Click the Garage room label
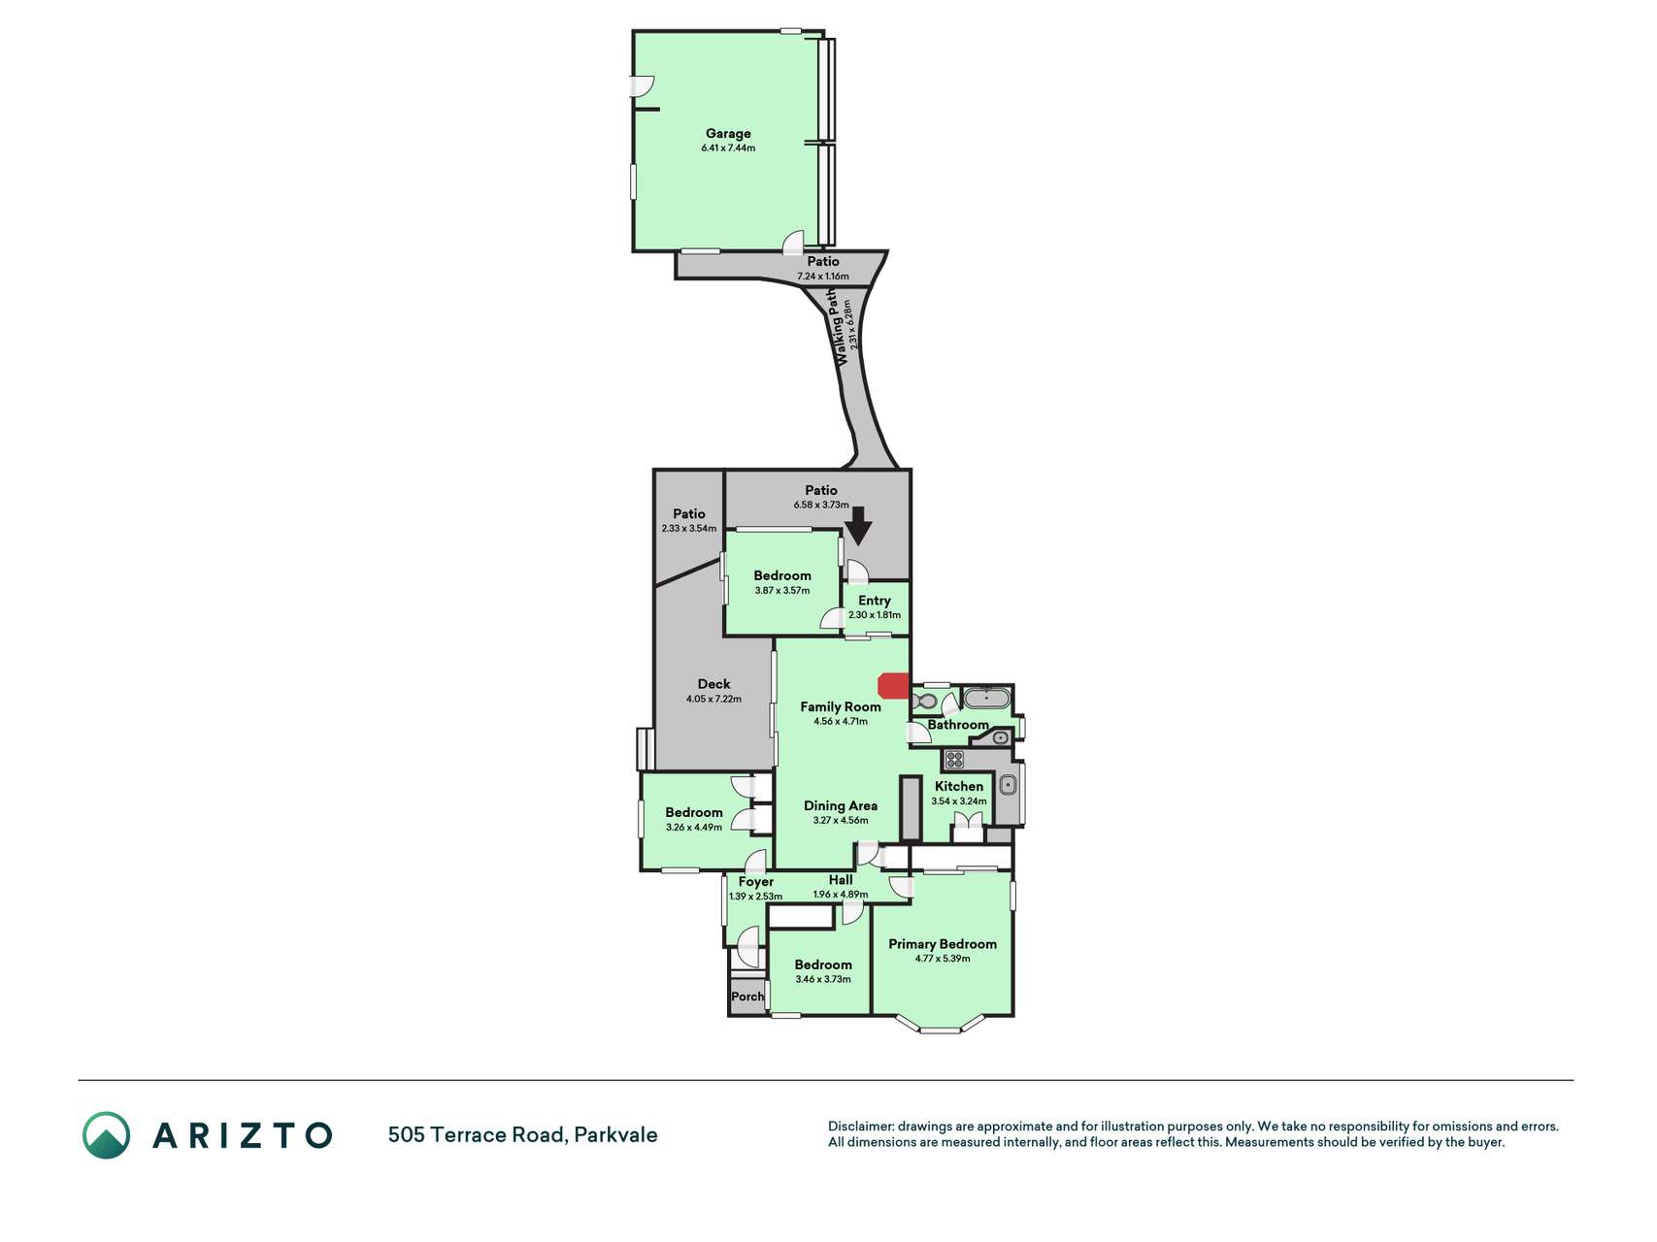click(728, 134)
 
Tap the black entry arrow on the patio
click(858, 528)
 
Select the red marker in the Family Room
click(893, 685)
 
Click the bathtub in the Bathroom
click(986, 698)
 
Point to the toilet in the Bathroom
click(925, 701)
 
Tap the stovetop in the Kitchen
click(954, 760)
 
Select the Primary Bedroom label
click(943, 943)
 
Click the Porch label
click(747, 997)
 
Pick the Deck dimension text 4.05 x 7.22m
click(713, 699)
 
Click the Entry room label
click(875, 601)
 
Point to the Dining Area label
click(841, 805)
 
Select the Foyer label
click(756, 882)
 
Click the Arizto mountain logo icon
click(106, 1134)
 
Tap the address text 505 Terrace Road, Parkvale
click(523, 1134)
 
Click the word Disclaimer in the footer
click(861, 1127)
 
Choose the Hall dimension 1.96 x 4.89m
click(841, 895)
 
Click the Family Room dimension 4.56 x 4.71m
click(841, 722)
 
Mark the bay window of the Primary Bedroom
click(940, 1025)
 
